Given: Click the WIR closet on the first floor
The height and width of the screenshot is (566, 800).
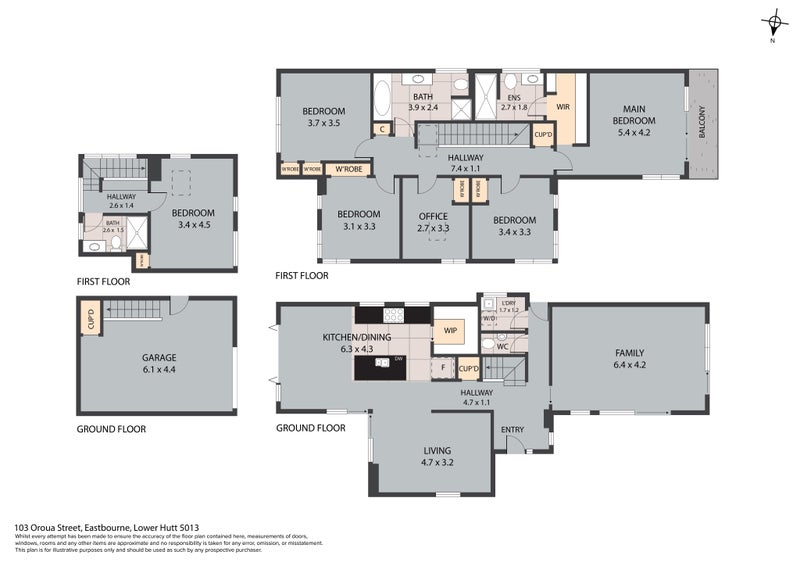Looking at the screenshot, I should point(562,103).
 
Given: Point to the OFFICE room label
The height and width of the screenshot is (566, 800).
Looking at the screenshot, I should point(433,215).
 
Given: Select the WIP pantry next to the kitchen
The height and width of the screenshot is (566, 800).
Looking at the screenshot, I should point(449,329).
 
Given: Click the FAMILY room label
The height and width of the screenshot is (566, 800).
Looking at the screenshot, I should point(629,353).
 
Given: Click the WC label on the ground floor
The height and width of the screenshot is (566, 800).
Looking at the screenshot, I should point(503,346).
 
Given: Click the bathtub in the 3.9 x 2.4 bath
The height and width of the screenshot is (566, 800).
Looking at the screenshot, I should point(385,101).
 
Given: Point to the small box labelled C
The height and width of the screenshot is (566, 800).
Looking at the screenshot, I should point(382,129).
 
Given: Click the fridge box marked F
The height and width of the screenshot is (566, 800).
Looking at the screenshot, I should point(443,368).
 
